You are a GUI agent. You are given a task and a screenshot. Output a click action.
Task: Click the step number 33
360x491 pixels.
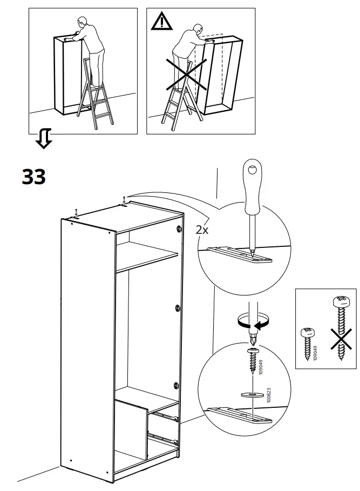coord(33,176)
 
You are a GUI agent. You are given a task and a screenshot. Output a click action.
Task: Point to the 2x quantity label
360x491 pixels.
coord(202,230)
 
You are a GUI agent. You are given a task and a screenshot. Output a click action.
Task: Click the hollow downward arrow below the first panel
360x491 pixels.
coord(43,138)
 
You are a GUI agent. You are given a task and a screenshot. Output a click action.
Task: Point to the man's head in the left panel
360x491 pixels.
coord(83,23)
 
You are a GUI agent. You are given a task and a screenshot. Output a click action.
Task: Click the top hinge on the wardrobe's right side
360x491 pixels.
coord(179,230)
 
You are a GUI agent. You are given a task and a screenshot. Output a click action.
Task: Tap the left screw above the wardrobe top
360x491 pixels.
coord(77,212)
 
